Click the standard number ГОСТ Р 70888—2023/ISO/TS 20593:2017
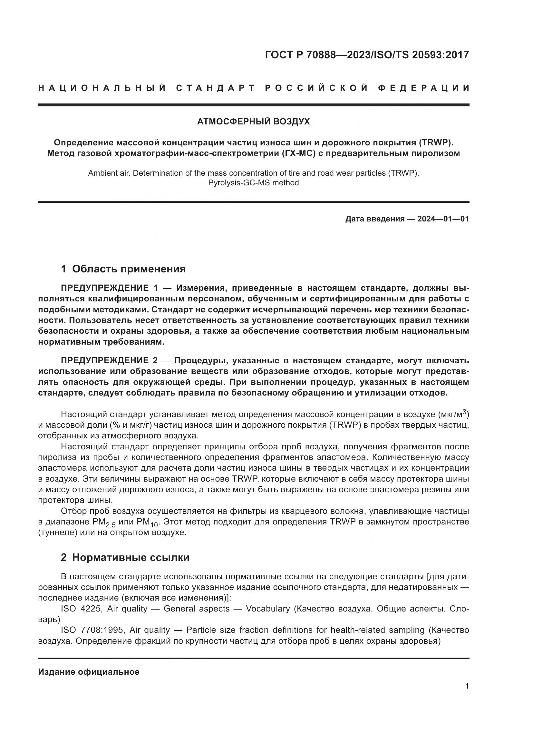point(367,55)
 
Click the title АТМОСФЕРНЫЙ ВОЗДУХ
point(253,122)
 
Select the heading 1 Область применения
point(123,269)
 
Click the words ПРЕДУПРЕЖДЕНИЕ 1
point(109,288)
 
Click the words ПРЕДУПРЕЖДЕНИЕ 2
point(109,361)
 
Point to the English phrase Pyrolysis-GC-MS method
point(253,183)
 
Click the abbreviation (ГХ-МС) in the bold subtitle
point(298,153)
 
